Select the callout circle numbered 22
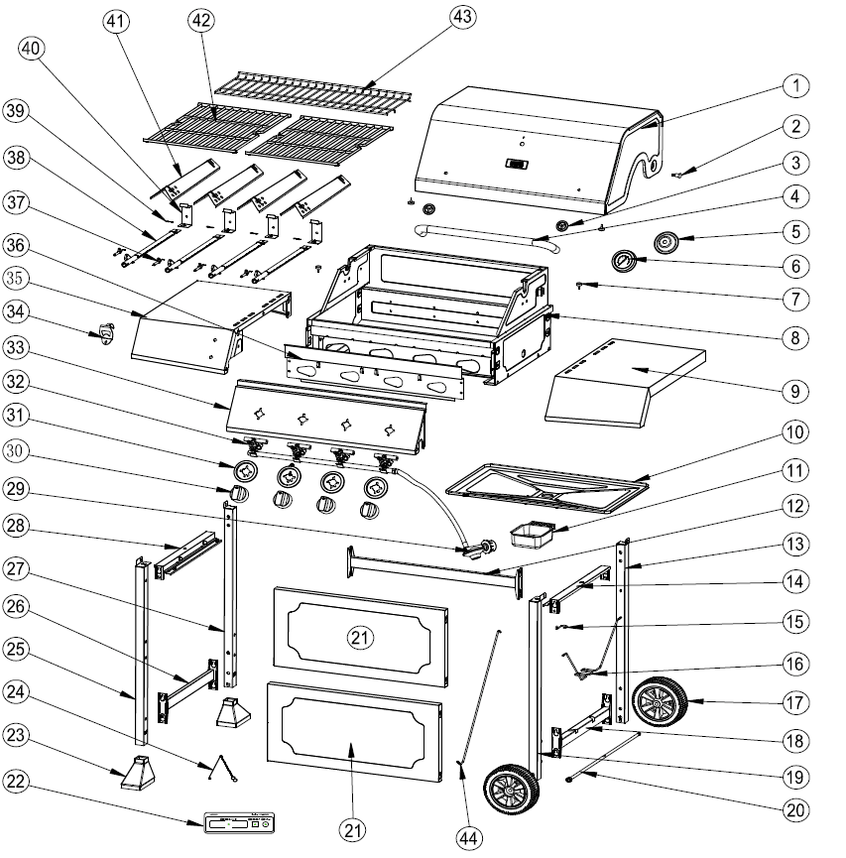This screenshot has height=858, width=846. [17, 782]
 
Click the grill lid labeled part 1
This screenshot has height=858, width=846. [536, 149]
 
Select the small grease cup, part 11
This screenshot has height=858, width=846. [530, 536]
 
